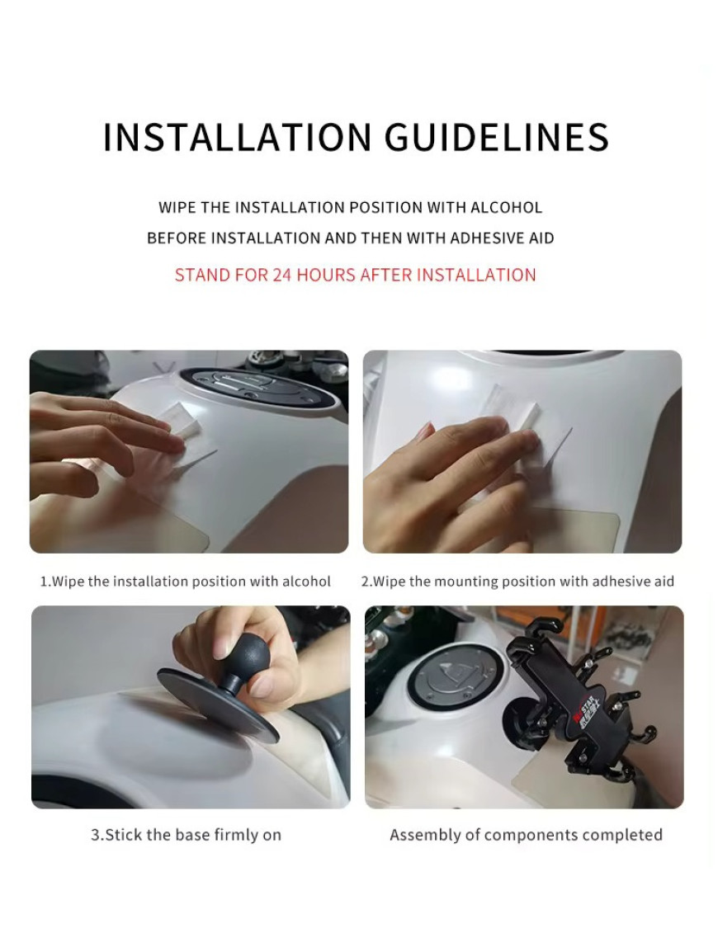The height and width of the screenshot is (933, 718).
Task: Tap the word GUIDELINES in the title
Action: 497,137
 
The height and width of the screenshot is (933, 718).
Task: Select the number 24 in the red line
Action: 281,275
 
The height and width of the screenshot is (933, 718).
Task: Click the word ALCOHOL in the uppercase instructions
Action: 506,208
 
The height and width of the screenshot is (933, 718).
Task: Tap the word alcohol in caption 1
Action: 306,582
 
